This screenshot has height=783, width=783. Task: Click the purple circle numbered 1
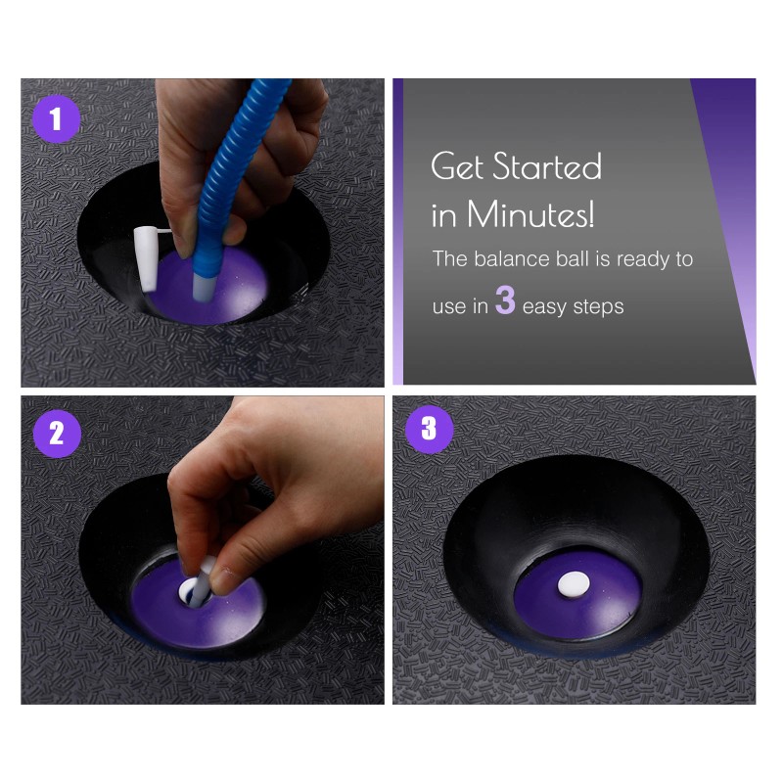[x=57, y=118]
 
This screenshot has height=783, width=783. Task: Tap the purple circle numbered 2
[x=57, y=433]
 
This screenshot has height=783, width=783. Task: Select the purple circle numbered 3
[x=429, y=429]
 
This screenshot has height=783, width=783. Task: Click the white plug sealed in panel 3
[x=574, y=583]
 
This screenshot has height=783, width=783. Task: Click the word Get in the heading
[x=457, y=165]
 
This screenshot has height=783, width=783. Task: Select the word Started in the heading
[x=547, y=165]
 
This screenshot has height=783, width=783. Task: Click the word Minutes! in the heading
[x=530, y=214]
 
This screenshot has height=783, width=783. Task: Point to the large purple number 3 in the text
[x=505, y=300]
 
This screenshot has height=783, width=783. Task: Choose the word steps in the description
[x=598, y=307]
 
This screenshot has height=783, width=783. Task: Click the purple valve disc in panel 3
[x=577, y=595]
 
